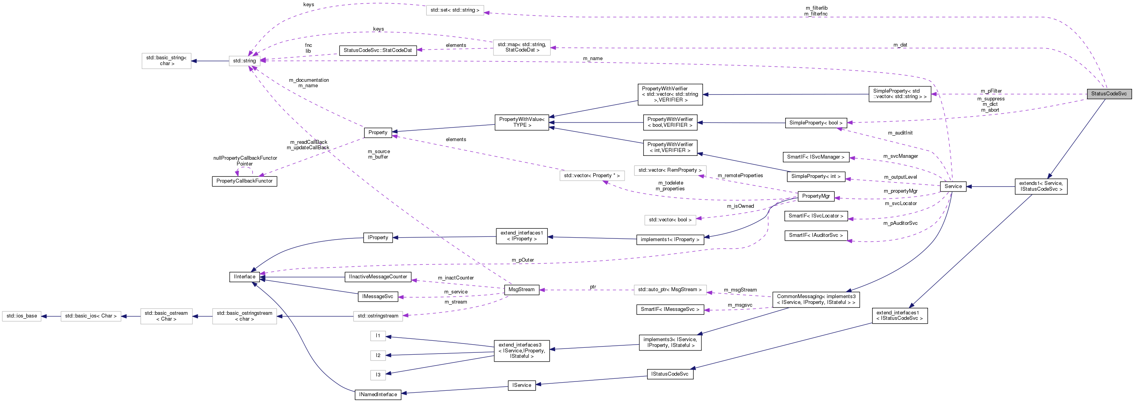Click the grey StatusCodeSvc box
(1108, 94)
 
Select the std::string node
(244, 61)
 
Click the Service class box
(953, 186)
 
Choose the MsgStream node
(521, 290)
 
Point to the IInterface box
(244, 277)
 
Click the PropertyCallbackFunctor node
(244, 181)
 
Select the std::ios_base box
(22, 316)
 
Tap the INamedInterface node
(378, 395)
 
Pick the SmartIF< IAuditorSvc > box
(815, 236)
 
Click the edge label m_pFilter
(991, 91)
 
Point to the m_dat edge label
(900, 45)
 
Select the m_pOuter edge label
(523, 260)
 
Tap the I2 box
(378, 355)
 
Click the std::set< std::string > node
(455, 10)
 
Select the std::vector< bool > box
(670, 220)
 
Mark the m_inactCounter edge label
(455, 278)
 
